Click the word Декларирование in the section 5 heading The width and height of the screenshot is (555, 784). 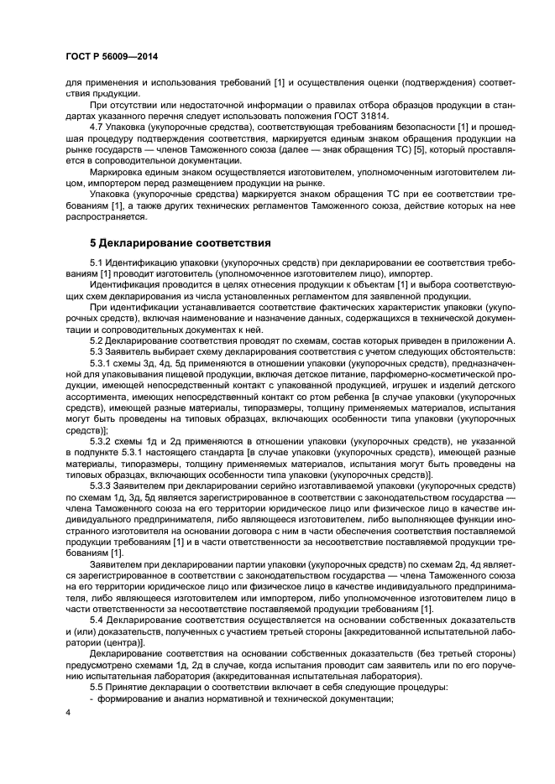tap(149, 243)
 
